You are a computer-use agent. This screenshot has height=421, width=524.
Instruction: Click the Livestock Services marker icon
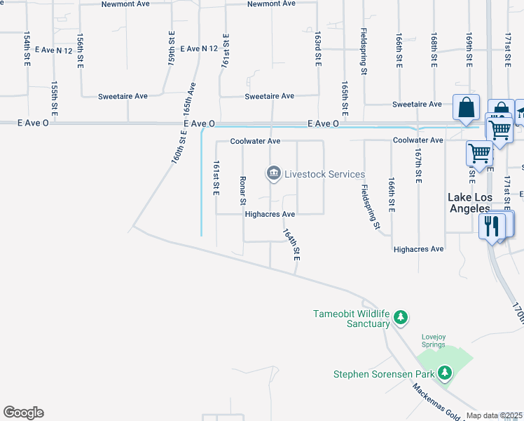(x=273, y=173)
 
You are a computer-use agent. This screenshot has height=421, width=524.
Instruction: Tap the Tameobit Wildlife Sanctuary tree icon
(x=401, y=317)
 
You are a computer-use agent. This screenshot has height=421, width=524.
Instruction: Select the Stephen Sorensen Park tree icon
(x=444, y=373)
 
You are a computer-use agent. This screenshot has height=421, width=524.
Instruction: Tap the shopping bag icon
(x=466, y=108)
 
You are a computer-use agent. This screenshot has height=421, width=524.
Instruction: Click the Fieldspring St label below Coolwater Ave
(x=370, y=206)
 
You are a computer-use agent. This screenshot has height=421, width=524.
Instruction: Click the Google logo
(x=23, y=413)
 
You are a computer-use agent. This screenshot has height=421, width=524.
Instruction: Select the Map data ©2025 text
(x=495, y=415)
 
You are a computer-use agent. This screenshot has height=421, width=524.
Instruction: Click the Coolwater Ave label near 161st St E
(x=256, y=141)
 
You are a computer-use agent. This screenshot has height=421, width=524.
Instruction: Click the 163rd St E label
(x=317, y=48)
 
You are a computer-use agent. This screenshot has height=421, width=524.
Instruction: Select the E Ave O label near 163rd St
(x=323, y=123)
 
